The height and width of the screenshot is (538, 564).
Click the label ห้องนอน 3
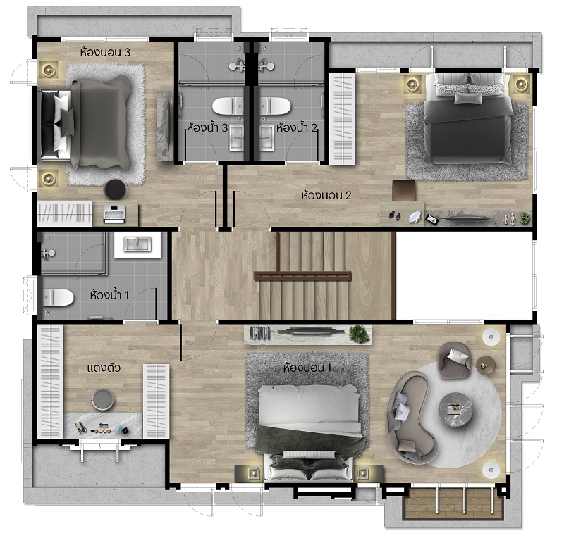coord(105,53)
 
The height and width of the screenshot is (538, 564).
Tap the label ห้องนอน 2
coord(326,196)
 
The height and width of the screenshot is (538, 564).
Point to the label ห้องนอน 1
coord(307,368)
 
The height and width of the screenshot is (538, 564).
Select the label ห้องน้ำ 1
coord(109,295)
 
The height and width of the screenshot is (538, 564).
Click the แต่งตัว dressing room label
coord(104,368)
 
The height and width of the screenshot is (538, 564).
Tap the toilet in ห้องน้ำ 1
coord(58,298)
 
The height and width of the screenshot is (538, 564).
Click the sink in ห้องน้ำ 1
coord(137,245)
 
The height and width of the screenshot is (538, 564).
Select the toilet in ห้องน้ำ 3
coord(226,106)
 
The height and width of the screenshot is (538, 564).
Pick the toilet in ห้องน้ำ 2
coord(275,106)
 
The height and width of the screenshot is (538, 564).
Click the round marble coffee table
coord(455,410)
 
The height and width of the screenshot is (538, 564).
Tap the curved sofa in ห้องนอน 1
coord(411,417)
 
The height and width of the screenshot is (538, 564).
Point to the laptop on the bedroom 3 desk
coord(114,213)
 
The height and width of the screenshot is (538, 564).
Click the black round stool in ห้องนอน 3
coord(116,189)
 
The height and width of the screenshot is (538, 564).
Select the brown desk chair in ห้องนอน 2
coord(403,190)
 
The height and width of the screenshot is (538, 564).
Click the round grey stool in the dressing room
coord(103,399)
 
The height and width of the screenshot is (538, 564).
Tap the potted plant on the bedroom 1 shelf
coord(359,334)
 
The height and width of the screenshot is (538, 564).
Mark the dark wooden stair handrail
coord(302,275)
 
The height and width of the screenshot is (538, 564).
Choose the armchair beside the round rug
coord(454,360)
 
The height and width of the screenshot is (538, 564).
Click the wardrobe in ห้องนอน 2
coord(343,119)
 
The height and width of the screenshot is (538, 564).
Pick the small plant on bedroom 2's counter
coord(525,218)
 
